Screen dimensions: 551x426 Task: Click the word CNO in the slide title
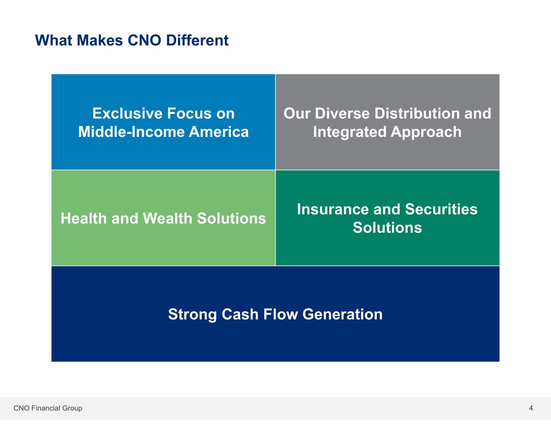(x=144, y=40)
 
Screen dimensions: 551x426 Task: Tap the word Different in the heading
(x=197, y=40)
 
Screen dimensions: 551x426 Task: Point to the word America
(x=218, y=132)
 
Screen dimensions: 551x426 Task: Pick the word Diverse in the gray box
(x=342, y=113)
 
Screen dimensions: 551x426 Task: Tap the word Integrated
(x=350, y=132)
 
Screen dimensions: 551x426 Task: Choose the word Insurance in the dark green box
(x=333, y=209)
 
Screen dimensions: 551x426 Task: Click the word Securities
(x=441, y=209)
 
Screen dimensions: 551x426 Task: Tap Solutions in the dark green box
(x=387, y=227)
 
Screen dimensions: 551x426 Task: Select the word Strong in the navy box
(x=193, y=315)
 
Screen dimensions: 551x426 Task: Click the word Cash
(x=240, y=314)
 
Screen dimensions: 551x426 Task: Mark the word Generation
(x=342, y=314)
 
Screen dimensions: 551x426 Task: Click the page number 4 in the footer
(x=531, y=408)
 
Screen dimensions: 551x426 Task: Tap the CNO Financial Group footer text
(x=48, y=408)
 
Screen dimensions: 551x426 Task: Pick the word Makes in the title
(x=100, y=40)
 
